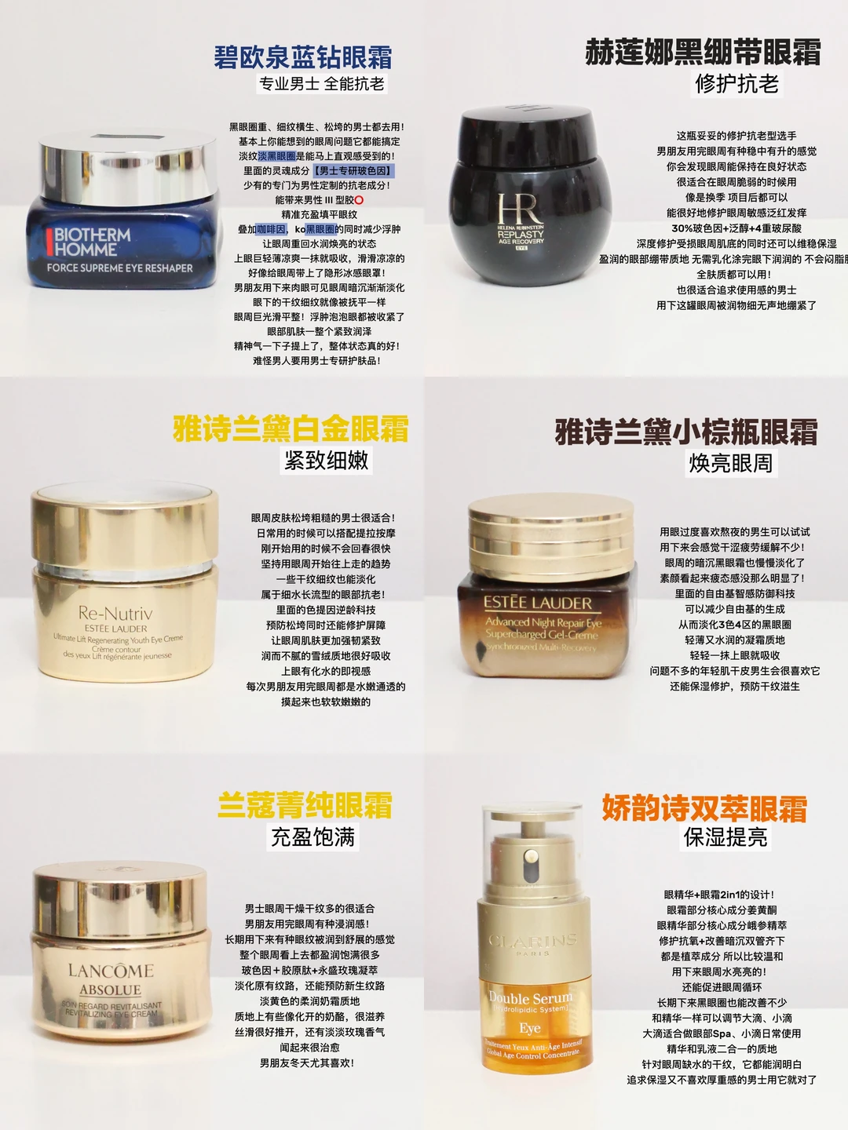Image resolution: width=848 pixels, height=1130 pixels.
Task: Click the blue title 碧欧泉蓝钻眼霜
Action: click(x=302, y=57)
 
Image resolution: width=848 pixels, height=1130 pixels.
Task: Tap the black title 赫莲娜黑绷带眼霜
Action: click(x=703, y=53)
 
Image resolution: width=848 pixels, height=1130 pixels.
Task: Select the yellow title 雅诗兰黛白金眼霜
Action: click(x=291, y=429)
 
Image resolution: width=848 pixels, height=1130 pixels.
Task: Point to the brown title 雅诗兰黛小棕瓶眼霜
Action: click(x=686, y=432)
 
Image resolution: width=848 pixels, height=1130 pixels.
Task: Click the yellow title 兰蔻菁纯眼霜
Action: click(x=305, y=805)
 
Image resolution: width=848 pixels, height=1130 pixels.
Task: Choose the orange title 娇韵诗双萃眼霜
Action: click(x=704, y=808)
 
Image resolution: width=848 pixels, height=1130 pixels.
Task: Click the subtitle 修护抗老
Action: click(x=737, y=84)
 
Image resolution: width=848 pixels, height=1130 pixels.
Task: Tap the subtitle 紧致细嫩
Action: click(x=327, y=461)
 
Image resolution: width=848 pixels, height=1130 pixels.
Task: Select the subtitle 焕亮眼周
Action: click(x=730, y=464)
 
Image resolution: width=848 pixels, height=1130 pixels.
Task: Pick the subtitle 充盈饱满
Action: click(x=313, y=837)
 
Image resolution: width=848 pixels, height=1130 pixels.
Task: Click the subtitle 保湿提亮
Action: click(x=726, y=838)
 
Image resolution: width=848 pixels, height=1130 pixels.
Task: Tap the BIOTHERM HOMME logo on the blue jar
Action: click(x=92, y=242)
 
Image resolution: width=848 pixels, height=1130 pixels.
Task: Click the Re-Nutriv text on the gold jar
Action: click(x=115, y=613)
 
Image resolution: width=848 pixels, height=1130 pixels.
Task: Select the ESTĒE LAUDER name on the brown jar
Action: click(x=537, y=603)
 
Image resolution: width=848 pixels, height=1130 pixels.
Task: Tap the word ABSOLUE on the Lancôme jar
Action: click(x=110, y=990)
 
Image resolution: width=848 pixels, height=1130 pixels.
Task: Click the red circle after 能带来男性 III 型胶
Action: click(x=359, y=200)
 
